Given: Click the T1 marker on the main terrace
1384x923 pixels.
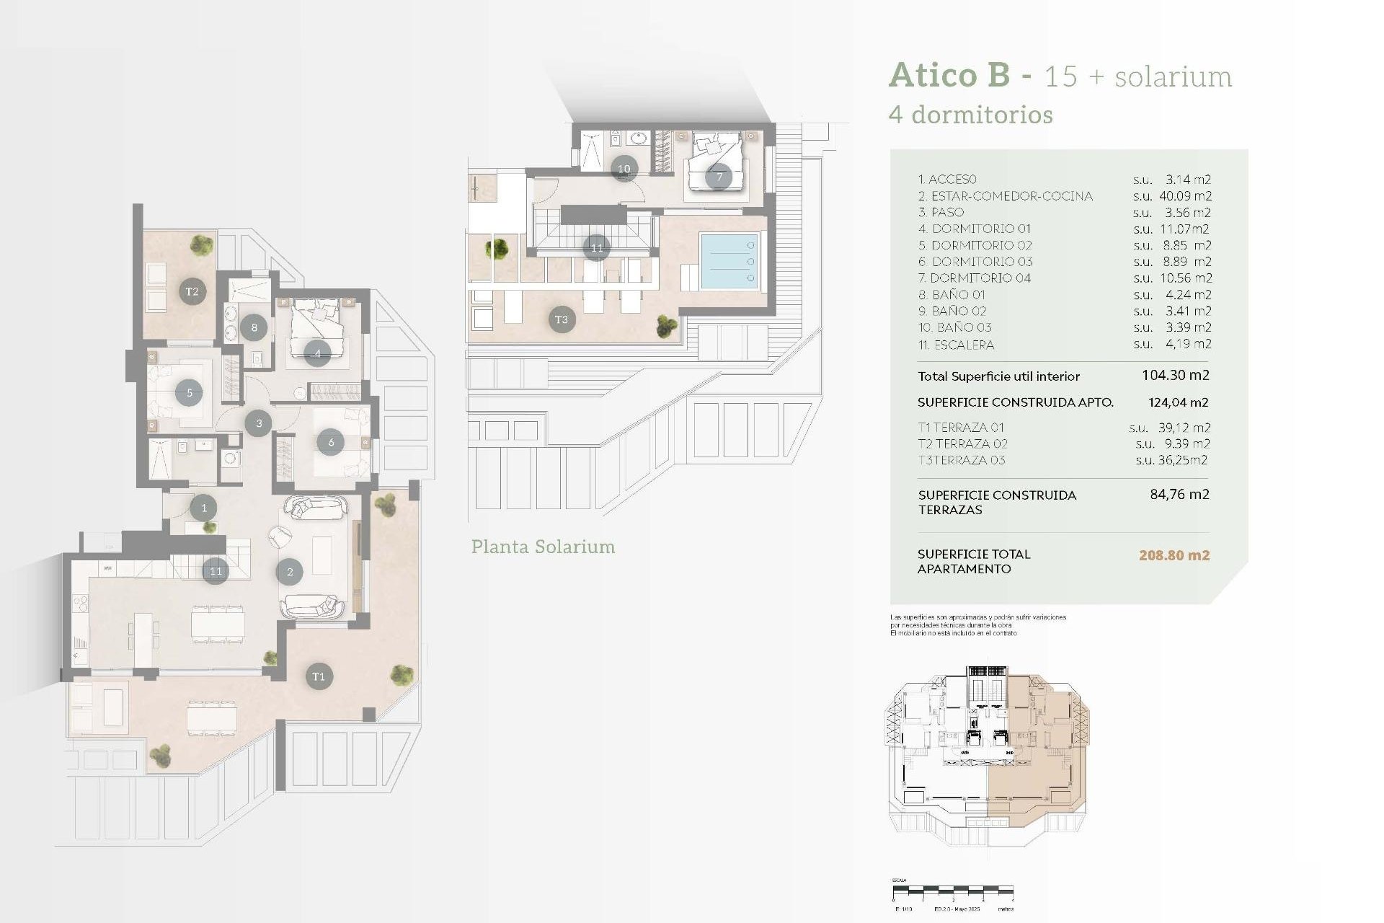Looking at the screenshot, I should point(319,676).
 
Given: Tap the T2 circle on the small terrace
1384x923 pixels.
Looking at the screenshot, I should point(192,291).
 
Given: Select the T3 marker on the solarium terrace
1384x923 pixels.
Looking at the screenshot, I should point(562,319).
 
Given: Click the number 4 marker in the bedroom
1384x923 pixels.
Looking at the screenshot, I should point(317,353).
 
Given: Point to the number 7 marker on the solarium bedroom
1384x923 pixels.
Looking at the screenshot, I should point(719,177).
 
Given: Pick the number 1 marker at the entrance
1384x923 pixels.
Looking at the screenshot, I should point(204,508).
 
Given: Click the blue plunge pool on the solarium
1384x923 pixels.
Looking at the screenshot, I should point(729,261).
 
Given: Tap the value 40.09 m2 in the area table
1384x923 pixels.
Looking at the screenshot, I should point(1185,195).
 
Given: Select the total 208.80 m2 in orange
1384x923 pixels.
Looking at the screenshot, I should point(1174,555).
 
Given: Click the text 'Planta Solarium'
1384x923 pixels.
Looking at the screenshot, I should point(543,547).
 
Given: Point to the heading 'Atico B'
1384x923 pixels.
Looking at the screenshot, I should point(949,75).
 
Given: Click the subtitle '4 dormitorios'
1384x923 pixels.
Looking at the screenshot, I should point(970,115).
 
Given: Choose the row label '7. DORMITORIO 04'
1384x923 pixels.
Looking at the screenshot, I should point(974,278).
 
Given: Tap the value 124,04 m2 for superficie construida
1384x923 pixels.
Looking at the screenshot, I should point(1178,402).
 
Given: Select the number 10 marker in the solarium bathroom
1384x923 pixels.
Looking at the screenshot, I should point(624,169).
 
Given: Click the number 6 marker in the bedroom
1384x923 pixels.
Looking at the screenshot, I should point(331,442).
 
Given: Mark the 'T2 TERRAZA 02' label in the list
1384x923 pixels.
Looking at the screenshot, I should point(962,443).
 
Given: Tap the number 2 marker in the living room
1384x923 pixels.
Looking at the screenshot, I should point(290,572).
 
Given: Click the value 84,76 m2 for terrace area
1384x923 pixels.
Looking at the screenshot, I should point(1179,495).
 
